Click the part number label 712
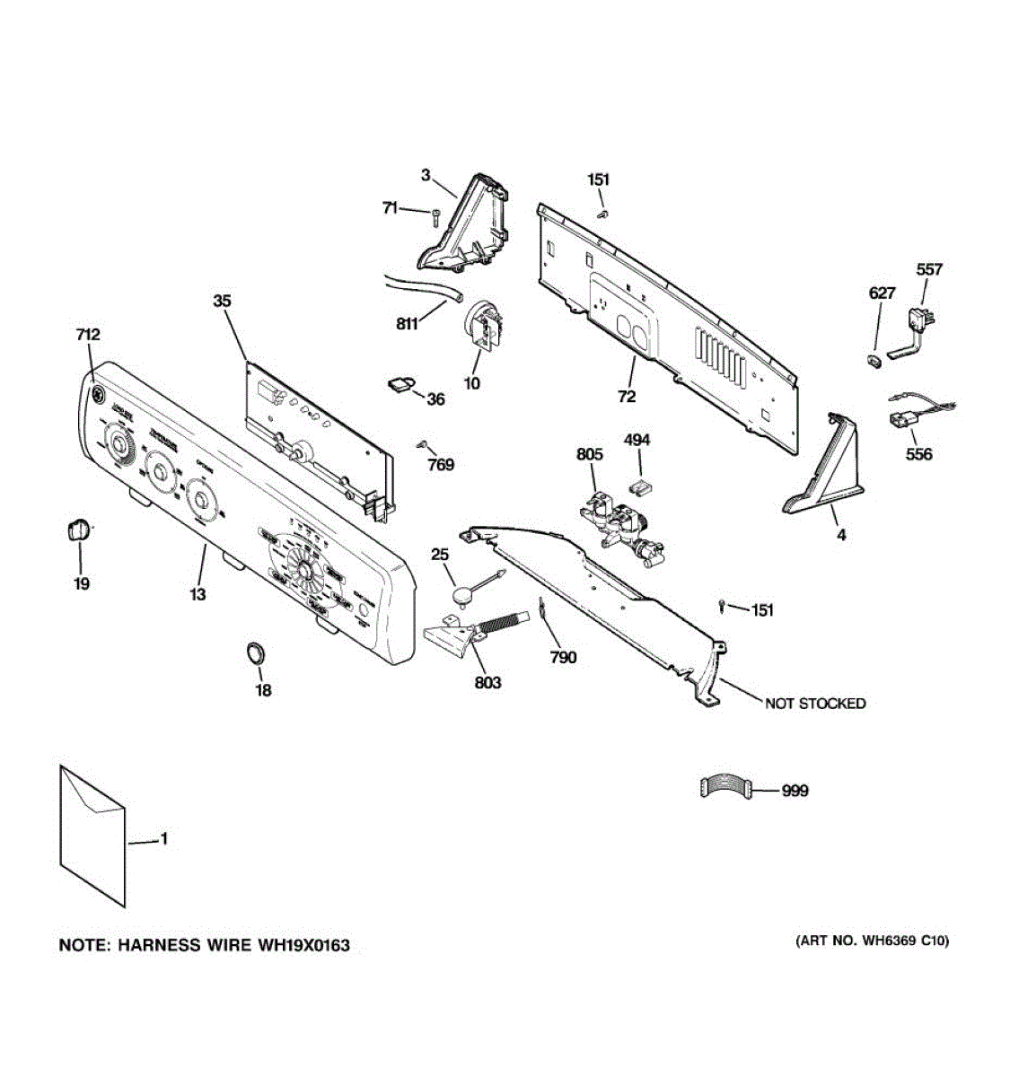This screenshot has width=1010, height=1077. [x=88, y=335]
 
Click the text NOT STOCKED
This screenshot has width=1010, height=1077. [x=815, y=704]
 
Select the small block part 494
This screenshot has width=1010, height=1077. [x=640, y=486]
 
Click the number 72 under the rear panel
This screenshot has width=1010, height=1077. [x=627, y=396]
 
